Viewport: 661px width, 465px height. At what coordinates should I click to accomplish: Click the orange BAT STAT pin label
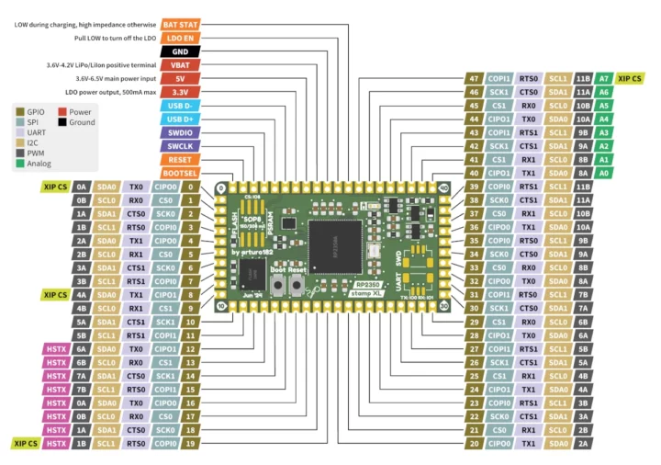tap(181, 24)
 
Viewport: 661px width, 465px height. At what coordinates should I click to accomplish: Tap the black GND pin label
tap(181, 51)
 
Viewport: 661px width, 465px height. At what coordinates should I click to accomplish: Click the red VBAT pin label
tap(181, 65)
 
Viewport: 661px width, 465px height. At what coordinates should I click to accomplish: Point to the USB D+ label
tap(181, 119)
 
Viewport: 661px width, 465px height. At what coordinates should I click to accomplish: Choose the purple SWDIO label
tap(181, 132)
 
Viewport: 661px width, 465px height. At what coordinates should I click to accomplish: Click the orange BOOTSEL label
tap(181, 173)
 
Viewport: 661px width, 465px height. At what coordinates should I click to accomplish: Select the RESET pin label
tap(181, 159)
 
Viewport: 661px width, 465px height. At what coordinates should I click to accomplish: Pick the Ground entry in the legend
tap(82, 121)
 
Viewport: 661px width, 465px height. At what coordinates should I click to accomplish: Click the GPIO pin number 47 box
tap(473, 79)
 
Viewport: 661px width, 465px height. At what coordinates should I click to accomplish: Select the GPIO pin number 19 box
tap(191, 443)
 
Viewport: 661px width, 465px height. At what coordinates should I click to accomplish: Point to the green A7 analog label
tap(603, 79)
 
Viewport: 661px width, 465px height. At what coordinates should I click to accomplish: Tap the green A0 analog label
tap(603, 173)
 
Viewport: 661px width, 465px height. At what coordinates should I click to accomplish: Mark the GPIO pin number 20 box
tap(473, 443)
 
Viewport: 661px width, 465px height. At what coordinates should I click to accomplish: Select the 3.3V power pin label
tap(181, 92)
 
